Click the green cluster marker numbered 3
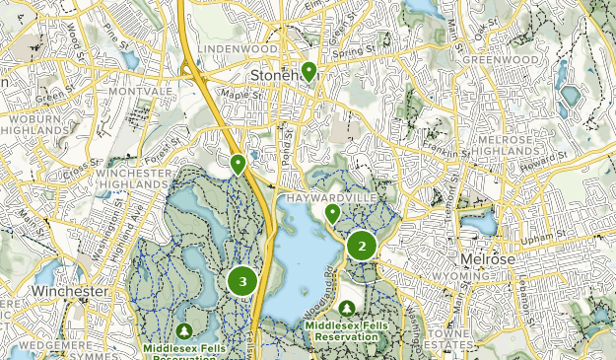tap(242, 282)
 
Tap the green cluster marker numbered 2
tap(362, 246)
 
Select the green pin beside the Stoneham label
tap(308, 71)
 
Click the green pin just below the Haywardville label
tap(333, 212)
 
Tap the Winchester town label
tap(68, 293)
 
